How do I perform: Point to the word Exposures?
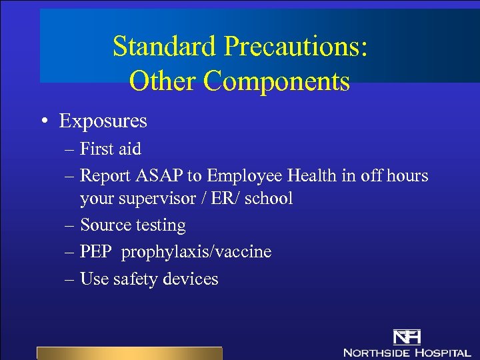103,121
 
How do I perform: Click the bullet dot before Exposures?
42,121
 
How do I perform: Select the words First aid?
111,149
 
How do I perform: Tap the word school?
269,199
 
